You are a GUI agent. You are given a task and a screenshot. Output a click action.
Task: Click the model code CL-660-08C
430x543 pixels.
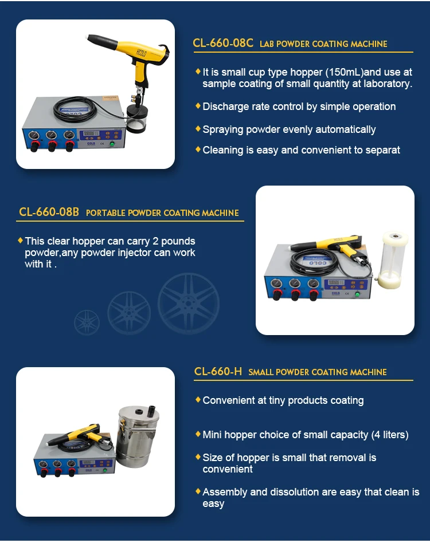click(223, 43)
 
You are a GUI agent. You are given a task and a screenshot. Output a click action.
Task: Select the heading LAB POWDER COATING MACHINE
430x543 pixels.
click(323, 44)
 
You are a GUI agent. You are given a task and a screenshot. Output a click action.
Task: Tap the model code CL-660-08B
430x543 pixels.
click(49, 212)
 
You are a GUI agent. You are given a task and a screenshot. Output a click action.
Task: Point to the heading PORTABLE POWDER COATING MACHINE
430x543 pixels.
click(162, 213)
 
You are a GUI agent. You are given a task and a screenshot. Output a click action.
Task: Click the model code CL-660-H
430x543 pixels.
click(218, 371)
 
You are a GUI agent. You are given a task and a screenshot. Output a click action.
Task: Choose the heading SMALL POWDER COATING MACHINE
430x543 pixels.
click(318, 372)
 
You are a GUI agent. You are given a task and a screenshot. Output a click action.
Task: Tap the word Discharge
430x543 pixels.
click(225, 107)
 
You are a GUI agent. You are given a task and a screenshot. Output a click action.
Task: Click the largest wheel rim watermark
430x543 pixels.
click(189, 303)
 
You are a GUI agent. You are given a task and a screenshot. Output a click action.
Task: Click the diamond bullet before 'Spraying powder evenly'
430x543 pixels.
click(198, 129)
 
